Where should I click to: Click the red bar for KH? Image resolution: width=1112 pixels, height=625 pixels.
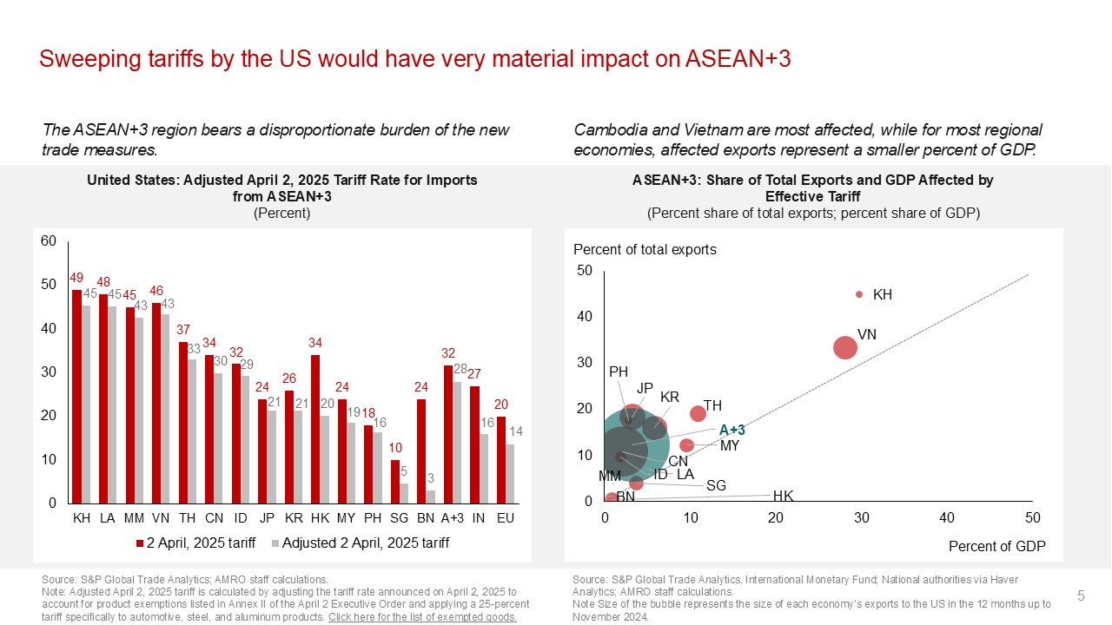(76, 396)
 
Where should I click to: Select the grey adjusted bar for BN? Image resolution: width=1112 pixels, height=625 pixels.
(431, 497)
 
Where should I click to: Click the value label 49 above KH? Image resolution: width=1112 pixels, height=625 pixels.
(76, 277)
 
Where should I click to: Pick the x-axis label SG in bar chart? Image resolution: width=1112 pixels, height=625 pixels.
(399, 517)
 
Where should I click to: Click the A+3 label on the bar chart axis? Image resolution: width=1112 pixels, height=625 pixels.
(452, 517)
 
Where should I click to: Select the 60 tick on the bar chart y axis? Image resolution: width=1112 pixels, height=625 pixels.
(49, 241)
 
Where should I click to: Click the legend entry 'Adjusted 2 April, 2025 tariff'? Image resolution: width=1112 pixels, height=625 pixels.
(361, 543)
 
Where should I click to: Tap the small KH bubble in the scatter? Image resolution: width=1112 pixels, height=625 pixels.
(859, 295)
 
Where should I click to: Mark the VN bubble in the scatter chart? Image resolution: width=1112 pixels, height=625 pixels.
(844, 347)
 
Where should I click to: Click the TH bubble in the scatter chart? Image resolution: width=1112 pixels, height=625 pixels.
(698, 414)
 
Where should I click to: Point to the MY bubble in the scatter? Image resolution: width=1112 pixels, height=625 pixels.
(686, 445)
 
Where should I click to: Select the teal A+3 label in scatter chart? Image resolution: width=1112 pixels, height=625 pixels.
(731, 430)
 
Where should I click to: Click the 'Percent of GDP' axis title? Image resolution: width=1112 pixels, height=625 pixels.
(996, 546)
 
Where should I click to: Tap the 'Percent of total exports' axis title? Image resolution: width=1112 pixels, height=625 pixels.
(645, 250)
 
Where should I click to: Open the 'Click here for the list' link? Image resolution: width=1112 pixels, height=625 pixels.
(422, 617)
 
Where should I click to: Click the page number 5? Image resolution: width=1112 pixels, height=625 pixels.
(1081, 595)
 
